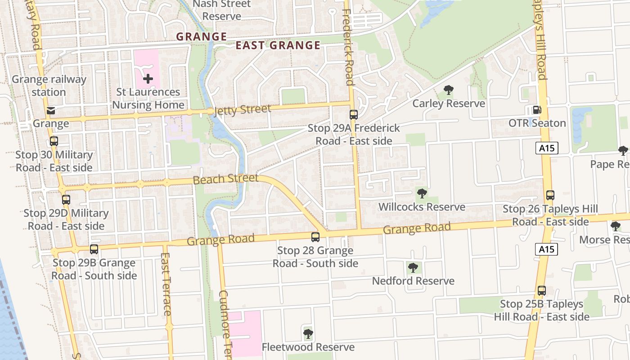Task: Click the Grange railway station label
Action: coord(49,85)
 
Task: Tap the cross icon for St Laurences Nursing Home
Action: coord(148,79)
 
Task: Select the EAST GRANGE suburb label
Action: coord(278,45)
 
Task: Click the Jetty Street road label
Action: coord(243,110)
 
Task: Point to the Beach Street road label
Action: coord(226,179)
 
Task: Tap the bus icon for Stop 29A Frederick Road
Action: coord(354,115)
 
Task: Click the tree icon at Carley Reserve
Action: coord(448,90)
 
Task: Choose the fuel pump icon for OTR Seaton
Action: coord(536,110)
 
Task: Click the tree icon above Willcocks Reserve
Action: coord(422,193)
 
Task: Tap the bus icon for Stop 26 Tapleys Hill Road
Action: coord(550,195)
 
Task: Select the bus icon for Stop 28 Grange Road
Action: coord(315,237)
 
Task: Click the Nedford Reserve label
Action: coord(413,281)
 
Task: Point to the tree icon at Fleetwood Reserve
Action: coord(308,333)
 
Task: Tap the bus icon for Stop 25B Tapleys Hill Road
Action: coord(542,291)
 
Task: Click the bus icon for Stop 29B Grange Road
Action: coord(94,249)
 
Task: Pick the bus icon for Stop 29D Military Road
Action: coord(66,199)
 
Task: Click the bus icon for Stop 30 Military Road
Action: coord(54,141)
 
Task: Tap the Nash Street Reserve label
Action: coord(222,10)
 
